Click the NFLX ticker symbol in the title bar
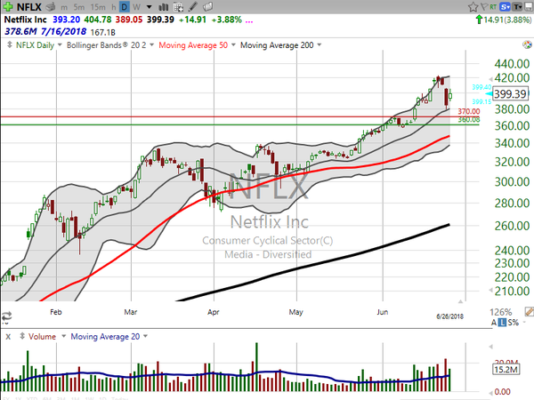(27, 7)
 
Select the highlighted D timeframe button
(125, 8)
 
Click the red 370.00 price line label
(469, 111)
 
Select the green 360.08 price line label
(469, 119)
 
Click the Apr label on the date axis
(213, 313)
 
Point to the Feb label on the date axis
(55, 313)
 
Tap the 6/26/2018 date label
(449, 316)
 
